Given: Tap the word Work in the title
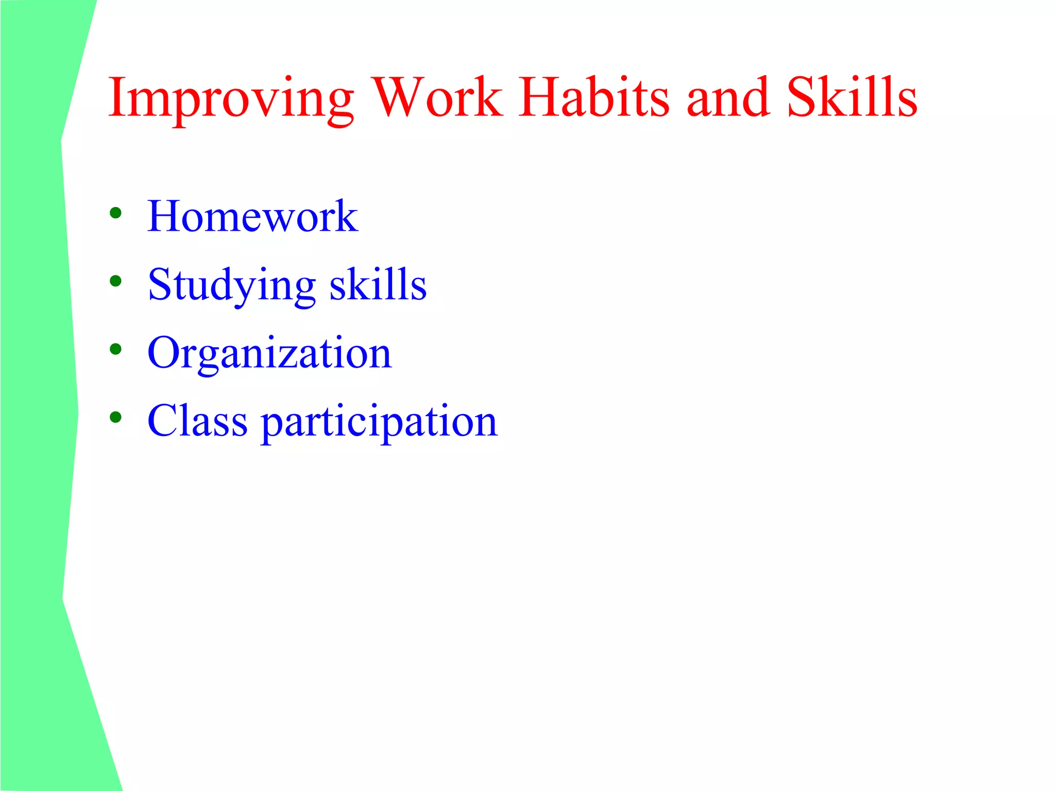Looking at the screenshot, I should click(x=437, y=97).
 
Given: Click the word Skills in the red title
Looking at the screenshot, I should click(x=852, y=97).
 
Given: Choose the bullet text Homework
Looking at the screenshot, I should click(x=252, y=216).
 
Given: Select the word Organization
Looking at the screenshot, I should click(x=269, y=353).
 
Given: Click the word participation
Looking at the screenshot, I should click(x=380, y=422).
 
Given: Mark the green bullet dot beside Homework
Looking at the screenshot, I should click(x=115, y=213).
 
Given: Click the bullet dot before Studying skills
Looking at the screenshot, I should click(x=115, y=281).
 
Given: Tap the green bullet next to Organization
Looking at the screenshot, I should click(x=115, y=350).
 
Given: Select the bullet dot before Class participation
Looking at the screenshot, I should click(x=115, y=417).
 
